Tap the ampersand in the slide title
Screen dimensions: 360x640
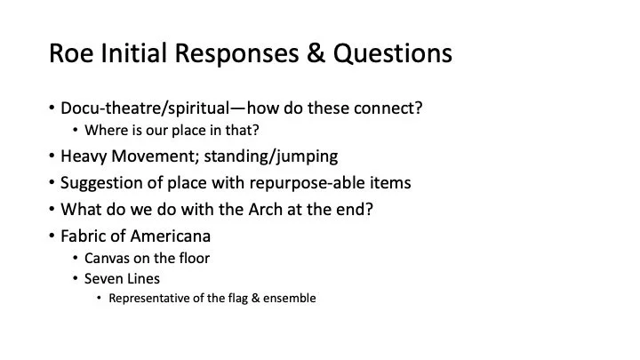[311, 54]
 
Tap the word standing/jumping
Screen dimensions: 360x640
[281, 156]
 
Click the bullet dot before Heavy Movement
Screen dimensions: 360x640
[52, 157]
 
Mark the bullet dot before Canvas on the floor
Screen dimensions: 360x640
[76, 260]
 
